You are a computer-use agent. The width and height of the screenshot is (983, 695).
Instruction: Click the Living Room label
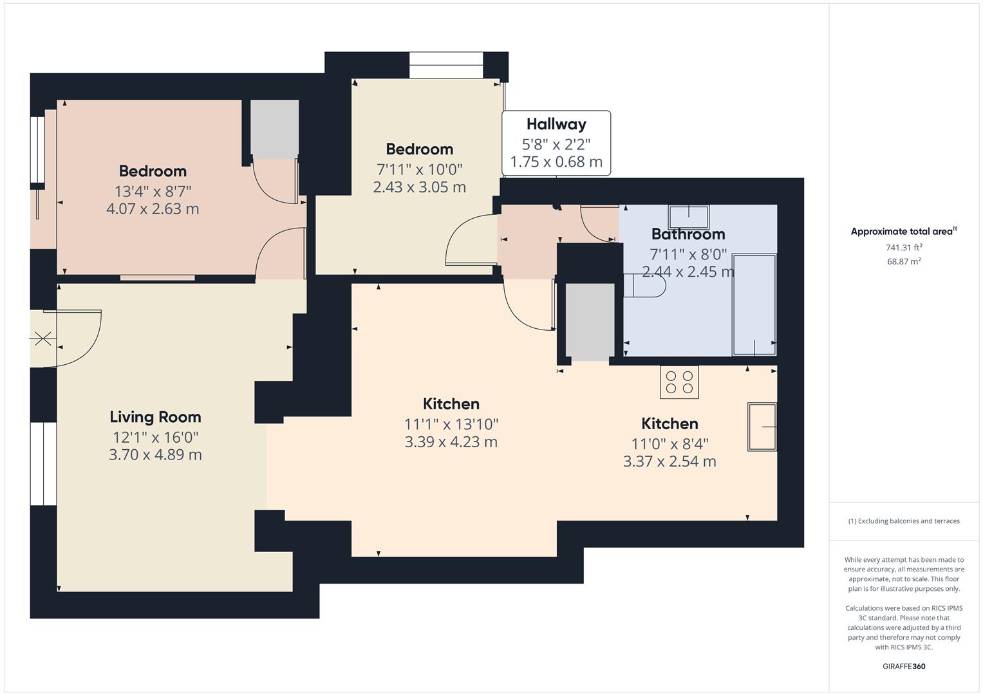pyautogui.click(x=155, y=417)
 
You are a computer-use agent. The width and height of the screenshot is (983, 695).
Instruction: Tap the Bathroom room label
pyautogui.click(x=688, y=234)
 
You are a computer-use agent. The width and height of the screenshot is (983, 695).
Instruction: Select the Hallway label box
pyautogui.click(x=556, y=143)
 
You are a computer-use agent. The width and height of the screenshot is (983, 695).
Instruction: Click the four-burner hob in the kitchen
pyautogui.click(x=679, y=382)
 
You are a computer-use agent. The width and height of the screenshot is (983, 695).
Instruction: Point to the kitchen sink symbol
pyautogui.click(x=762, y=427)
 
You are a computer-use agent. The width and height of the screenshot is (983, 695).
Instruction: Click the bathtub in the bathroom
pyautogui.click(x=754, y=305)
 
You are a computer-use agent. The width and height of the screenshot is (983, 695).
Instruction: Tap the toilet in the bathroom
pyautogui.click(x=644, y=286)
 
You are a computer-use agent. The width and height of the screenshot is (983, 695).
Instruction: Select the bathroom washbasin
pyautogui.click(x=689, y=217)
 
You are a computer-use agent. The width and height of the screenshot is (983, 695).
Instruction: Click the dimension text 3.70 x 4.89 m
pyautogui.click(x=155, y=454)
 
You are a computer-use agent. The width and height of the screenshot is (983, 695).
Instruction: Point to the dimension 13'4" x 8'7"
pyautogui.click(x=153, y=191)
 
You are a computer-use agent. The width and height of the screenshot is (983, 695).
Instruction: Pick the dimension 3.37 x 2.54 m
pyautogui.click(x=669, y=461)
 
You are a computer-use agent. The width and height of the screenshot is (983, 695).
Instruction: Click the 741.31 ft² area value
pyautogui.click(x=904, y=248)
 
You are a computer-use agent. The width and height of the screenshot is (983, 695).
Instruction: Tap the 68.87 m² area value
pyautogui.click(x=904, y=261)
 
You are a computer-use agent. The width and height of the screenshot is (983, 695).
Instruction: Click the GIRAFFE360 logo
pyautogui.click(x=904, y=667)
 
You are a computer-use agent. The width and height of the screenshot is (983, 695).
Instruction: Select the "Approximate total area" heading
pyautogui.click(x=904, y=231)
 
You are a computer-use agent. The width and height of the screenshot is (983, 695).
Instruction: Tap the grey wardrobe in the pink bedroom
pyautogui.click(x=275, y=129)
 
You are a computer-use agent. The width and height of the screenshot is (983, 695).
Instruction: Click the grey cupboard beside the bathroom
pyautogui.click(x=590, y=322)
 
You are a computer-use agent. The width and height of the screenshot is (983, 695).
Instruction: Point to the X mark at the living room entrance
pyautogui.click(x=42, y=338)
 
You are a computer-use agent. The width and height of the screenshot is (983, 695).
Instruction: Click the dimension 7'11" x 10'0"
pyautogui.click(x=420, y=169)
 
